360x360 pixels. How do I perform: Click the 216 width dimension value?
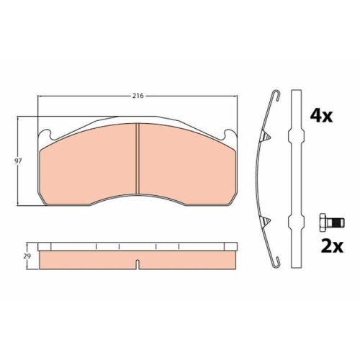coord(138,96)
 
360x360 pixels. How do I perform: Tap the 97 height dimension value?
coord(18,161)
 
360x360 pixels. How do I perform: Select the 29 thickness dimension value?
coord(27,256)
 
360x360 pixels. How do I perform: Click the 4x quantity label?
coord(321,116)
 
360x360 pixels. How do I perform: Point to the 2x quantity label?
coord(332,246)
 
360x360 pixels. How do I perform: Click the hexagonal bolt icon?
coord(332,222)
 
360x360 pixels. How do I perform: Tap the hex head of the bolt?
coord(323,222)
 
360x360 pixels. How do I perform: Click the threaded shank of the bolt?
coord(336,222)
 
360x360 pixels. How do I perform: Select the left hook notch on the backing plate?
coord(49,135)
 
